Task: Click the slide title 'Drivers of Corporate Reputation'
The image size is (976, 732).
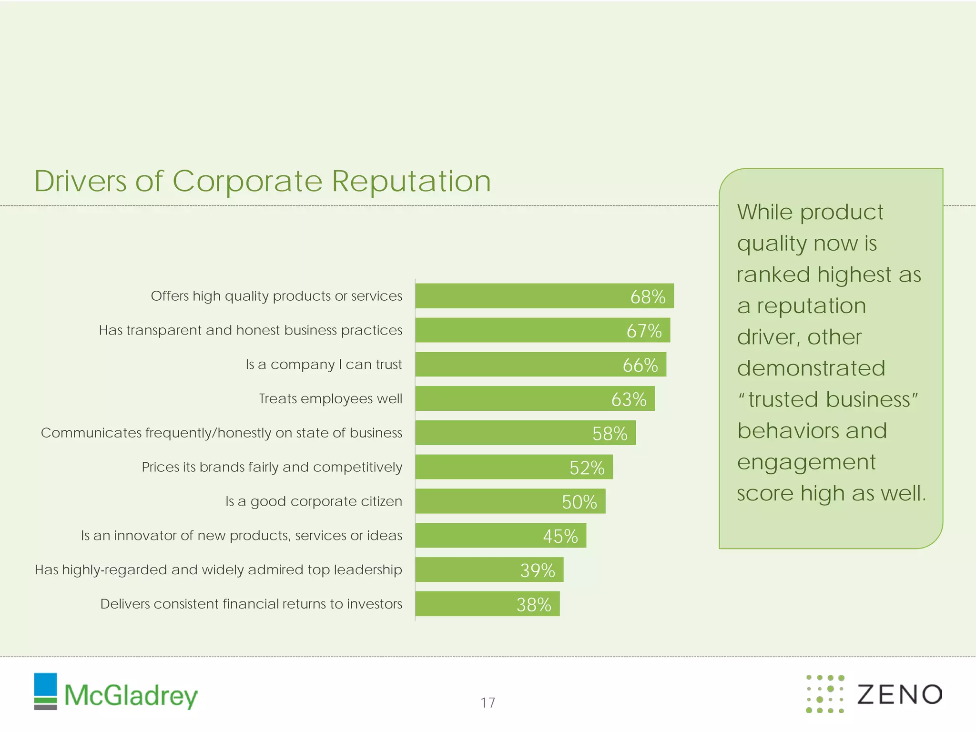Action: (x=262, y=181)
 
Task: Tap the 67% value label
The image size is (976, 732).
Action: (x=644, y=331)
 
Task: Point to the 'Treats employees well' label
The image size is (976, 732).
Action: (x=330, y=398)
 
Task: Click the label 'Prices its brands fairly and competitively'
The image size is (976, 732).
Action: (x=272, y=467)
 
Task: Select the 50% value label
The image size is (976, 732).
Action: (x=579, y=502)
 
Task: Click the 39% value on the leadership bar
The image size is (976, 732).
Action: (x=538, y=570)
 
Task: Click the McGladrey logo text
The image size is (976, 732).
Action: (x=131, y=696)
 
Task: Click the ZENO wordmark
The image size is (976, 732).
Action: (x=899, y=694)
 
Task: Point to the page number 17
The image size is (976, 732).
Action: (x=488, y=702)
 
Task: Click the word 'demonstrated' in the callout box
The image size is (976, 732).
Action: (x=811, y=368)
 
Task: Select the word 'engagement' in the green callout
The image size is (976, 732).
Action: (x=806, y=462)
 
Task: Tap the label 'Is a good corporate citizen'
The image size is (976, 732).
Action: (x=314, y=501)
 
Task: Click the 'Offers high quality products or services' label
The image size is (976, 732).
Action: (x=276, y=296)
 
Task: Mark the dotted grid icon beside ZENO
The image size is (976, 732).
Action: (x=825, y=694)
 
